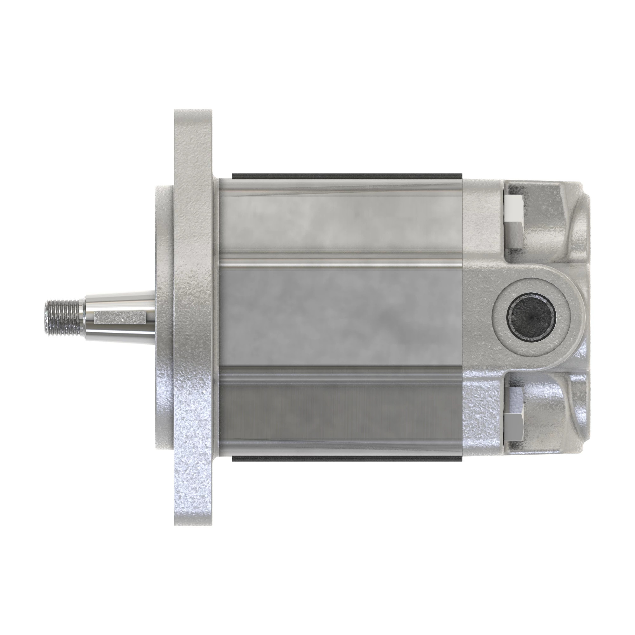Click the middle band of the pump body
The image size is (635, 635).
point(342,316)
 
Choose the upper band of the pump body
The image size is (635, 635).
point(342,224)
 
